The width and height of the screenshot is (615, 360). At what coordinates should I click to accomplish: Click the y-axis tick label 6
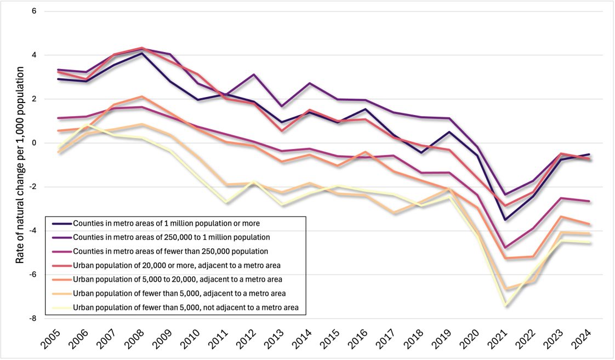[x=32, y=12]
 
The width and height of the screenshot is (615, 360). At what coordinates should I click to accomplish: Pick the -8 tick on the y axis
[x=31, y=318]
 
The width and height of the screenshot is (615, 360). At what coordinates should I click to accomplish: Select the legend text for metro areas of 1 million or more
[x=166, y=224]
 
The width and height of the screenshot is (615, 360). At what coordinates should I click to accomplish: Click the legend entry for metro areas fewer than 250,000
[x=170, y=252]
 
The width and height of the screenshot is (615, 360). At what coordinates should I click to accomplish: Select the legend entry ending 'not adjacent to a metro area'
[x=185, y=307]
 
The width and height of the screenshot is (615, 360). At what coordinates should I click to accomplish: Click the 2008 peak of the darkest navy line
[x=141, y=53]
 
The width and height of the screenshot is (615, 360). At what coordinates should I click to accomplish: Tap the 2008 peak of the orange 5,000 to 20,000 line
[x=141, y=96]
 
